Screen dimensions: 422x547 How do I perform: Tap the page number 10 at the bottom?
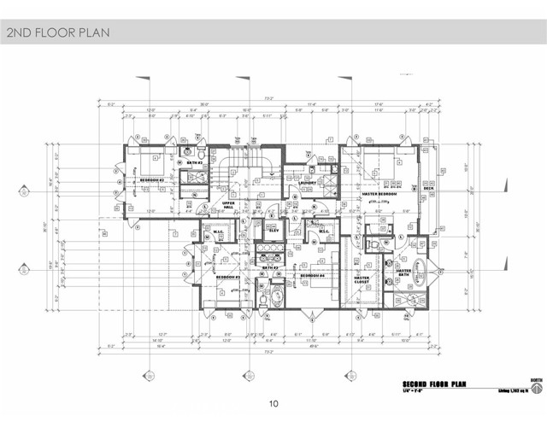273,403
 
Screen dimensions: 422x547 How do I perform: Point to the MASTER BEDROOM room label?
379,194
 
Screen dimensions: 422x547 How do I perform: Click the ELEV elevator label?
275,231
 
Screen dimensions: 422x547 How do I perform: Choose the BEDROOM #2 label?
226,278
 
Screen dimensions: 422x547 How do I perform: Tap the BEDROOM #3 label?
151,181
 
